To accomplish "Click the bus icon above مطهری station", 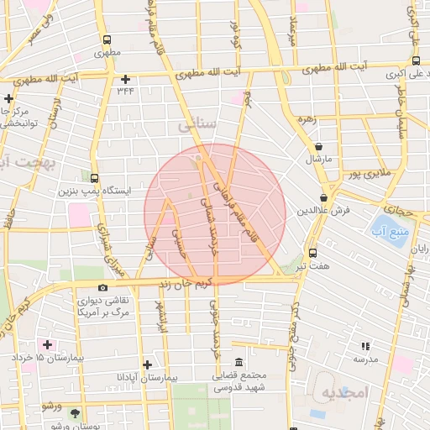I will pos(106,39).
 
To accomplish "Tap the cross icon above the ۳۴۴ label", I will pos(125,79).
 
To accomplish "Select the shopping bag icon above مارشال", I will pos(322,148).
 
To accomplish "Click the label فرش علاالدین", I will pos(323,210).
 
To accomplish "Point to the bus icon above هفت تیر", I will pos(313,253).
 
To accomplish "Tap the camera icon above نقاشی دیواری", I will pos(102,288).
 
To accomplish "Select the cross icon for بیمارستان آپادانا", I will pos(147,364).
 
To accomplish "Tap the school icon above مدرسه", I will pos(364,346).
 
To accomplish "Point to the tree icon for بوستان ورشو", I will pos(76,413).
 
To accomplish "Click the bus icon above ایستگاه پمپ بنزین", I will pos(94,179).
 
